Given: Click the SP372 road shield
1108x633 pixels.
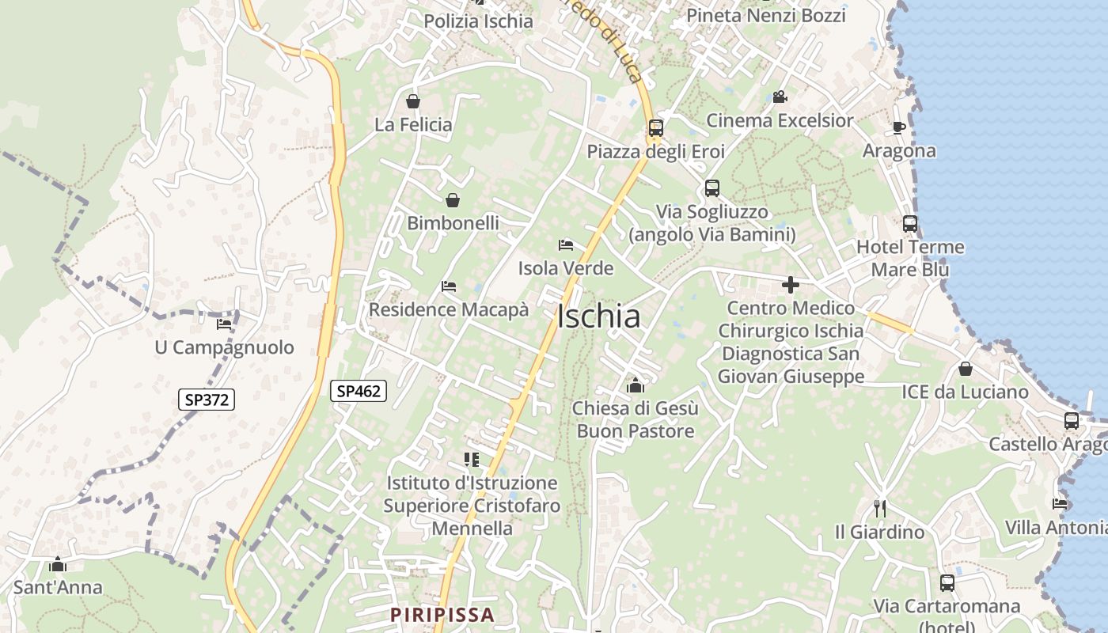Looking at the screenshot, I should coord(207,400).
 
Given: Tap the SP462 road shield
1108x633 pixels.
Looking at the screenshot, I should coord(359,390).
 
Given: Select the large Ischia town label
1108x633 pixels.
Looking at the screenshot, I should coord(598,316).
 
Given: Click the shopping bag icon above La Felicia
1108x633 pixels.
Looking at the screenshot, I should coord(412,101).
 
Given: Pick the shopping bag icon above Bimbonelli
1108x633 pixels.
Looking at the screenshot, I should coord(453,200).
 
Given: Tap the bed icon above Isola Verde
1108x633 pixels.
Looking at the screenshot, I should coord(565,244).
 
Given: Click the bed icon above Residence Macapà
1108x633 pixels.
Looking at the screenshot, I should coord(449,286).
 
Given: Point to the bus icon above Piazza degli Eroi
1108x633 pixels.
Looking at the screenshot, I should coord(655,127).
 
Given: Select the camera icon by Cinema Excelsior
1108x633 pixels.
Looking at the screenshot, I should coord(780,97).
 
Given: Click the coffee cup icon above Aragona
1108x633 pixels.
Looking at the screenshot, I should coord(898,127).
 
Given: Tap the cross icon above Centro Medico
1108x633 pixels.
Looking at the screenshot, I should coord(790,285).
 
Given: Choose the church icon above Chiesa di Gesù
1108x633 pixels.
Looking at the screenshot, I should coord(635,385).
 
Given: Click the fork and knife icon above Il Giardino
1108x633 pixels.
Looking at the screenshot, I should coord(879,508).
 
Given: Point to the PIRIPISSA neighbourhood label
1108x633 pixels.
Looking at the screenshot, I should coord(442,614).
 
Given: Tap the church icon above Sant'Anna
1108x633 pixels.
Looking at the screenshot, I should coord(57,564).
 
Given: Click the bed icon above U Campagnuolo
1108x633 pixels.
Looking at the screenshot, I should coord(224,324).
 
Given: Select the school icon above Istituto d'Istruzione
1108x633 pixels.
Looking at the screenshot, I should coord(472,459).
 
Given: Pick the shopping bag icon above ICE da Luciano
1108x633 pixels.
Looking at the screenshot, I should coord(965,369).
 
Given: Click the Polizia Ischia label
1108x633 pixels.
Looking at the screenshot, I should coord(478,21).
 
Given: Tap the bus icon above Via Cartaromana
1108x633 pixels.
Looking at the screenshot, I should coord(947,583).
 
